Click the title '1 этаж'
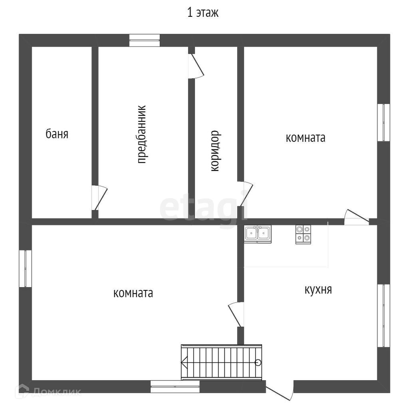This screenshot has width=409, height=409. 203,13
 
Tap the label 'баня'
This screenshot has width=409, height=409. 57,134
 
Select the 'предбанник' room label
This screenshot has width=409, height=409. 142,134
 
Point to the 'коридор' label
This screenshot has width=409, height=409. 215,151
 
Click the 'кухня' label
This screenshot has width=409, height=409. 318,290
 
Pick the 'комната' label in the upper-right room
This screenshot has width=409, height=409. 306,138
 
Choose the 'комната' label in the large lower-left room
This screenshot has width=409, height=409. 133,293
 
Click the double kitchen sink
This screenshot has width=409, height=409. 258,234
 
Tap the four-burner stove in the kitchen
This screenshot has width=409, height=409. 303,234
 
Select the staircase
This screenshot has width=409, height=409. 221,362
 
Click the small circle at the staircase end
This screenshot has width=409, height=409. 258,363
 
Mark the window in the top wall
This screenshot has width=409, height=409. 144,40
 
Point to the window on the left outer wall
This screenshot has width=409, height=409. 25,268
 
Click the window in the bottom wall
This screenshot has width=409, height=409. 175,386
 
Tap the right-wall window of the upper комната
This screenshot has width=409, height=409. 383,122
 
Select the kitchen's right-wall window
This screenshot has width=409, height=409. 383,315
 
